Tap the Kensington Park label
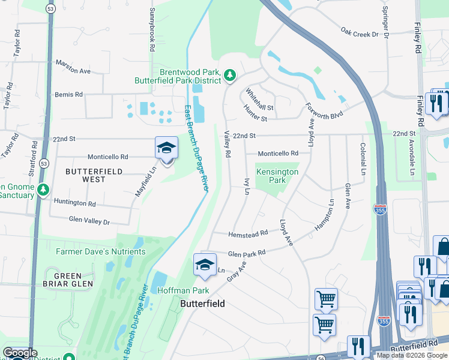click(277, 176)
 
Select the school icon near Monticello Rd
click(166, 148)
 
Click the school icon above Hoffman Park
click(204, 265)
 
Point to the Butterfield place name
click(203, 304)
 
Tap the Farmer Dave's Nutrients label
click(101, 251)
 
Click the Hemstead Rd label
click(248, 234)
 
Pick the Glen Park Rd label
click(246, 254)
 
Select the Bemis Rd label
click(68, 95)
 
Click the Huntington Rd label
click(74, 203)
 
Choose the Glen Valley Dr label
click(89, 221)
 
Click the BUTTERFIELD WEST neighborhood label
click(94, 175)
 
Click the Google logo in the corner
click(19, 353)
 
